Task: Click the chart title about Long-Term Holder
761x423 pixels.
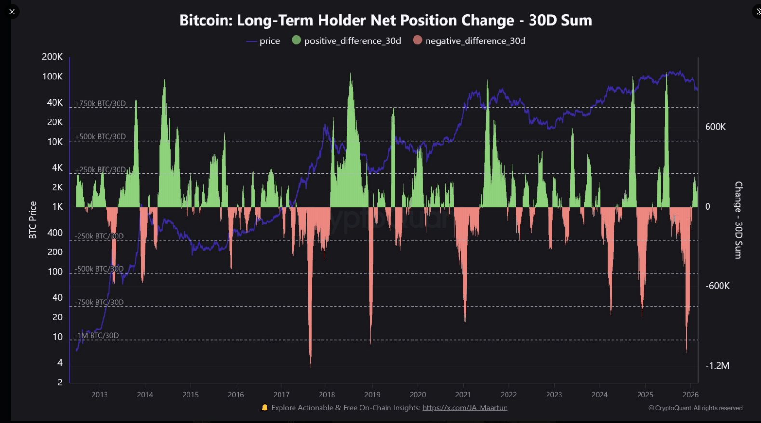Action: [386, 20]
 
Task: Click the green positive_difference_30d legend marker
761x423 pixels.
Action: [296, 40]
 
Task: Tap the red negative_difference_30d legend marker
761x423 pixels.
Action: [417, 40]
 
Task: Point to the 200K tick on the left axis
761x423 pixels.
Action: [52, 57]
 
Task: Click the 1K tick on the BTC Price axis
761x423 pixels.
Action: [57, 207]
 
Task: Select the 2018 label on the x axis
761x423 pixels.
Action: [327, 395]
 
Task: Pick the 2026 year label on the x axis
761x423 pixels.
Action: [690, 395]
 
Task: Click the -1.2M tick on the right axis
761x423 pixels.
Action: [717, 365]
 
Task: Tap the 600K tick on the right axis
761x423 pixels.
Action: [715, 127]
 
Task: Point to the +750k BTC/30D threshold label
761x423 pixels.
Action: [100, 104]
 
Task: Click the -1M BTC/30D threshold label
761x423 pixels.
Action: [96, 336]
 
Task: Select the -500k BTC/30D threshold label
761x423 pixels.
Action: [99, 269]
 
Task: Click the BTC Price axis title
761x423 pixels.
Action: [33, 220]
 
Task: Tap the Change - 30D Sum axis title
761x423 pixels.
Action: [738, 220]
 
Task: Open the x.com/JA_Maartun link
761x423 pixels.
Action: [465, 408]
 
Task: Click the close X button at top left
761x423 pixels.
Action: [12, 11]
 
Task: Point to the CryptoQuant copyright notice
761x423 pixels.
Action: [695, 408]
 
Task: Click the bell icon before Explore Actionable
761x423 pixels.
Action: [265, 408]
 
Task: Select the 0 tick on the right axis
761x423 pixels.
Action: [708, 207]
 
